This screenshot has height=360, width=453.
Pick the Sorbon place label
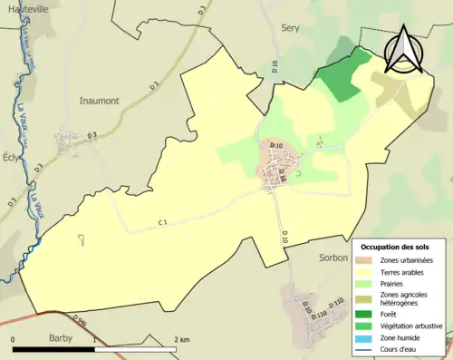pos(333,258)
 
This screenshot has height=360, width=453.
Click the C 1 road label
pos(163,221)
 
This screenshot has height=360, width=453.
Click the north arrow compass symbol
pos(402,50)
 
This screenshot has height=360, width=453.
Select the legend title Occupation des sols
pos(395,247)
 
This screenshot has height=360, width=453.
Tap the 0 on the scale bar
pos(14,339)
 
